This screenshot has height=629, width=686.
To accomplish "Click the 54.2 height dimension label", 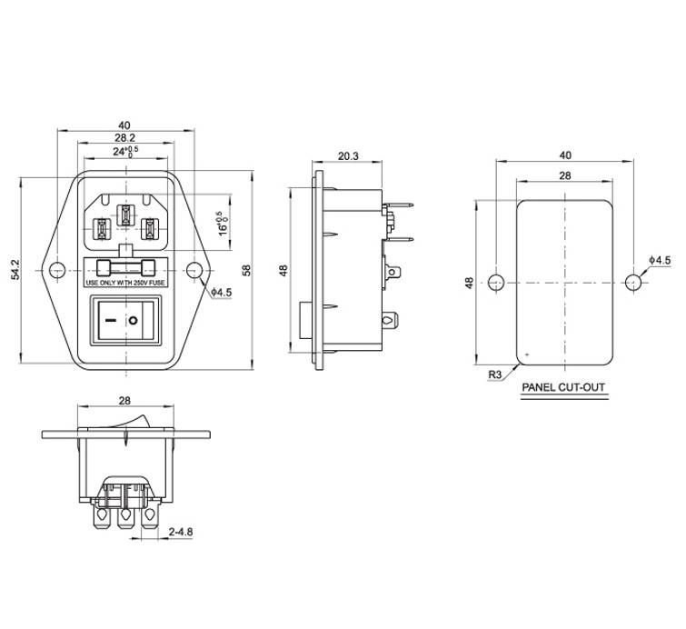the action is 15,269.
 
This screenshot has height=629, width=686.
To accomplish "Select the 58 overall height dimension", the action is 246,270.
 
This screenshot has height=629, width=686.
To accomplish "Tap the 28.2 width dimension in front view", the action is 124,138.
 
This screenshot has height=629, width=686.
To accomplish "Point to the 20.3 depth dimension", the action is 348,155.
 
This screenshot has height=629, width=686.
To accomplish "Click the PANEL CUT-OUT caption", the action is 563,387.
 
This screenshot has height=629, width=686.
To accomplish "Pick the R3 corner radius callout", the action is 494,374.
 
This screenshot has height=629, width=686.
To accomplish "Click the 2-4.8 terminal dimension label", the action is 181,532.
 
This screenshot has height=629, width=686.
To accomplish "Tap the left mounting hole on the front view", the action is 57,271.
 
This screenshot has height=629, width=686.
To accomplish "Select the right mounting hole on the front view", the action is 194,271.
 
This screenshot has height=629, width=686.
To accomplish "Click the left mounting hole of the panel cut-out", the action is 496,283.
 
